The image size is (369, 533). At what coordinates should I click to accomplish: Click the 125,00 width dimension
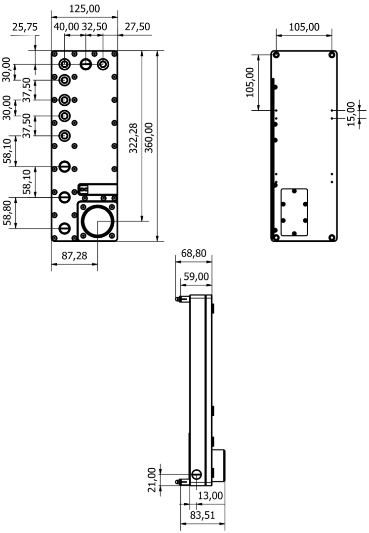pyautogui.click(x=84, y=9)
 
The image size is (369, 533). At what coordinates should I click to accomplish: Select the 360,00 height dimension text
pyautogui.click(x=149, y=137)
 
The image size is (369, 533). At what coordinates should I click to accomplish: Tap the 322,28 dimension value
pyautogui.click(x=133, y=138)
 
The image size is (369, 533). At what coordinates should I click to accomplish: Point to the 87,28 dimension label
pyautogui.click(x=74, y=256)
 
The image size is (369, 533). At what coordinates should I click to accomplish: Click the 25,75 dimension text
pyautogui.click(x=25, y=27)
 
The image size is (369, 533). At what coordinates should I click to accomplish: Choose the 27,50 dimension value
pyautogui.click(x=137, y=27)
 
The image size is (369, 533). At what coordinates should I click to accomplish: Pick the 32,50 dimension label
pyautogui.click(x=94, y=27)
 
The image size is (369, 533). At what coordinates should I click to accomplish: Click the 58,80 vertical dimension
pyautogui.click(x=7, y=213)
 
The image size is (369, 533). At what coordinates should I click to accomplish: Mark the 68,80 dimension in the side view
pyautogui.click(x=194, y=253)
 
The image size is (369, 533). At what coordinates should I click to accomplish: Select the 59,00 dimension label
pyautogui.click(x=196, y=276)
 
